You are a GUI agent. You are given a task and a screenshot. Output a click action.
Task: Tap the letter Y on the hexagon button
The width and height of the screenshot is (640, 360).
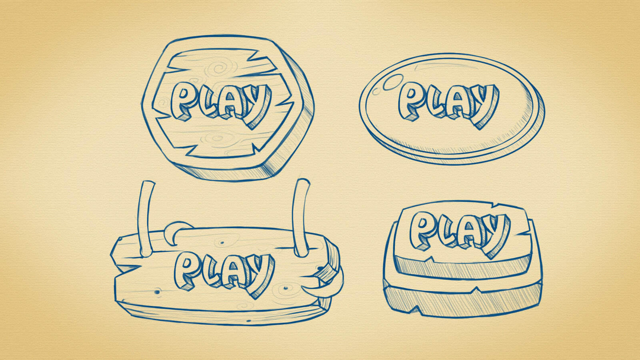click(x=256, y=106)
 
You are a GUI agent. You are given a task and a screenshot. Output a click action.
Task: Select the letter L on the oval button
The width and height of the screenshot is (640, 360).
click(x=436, y=102)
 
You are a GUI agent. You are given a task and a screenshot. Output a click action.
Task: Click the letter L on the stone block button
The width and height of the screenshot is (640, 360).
click(x=447, y=230)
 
